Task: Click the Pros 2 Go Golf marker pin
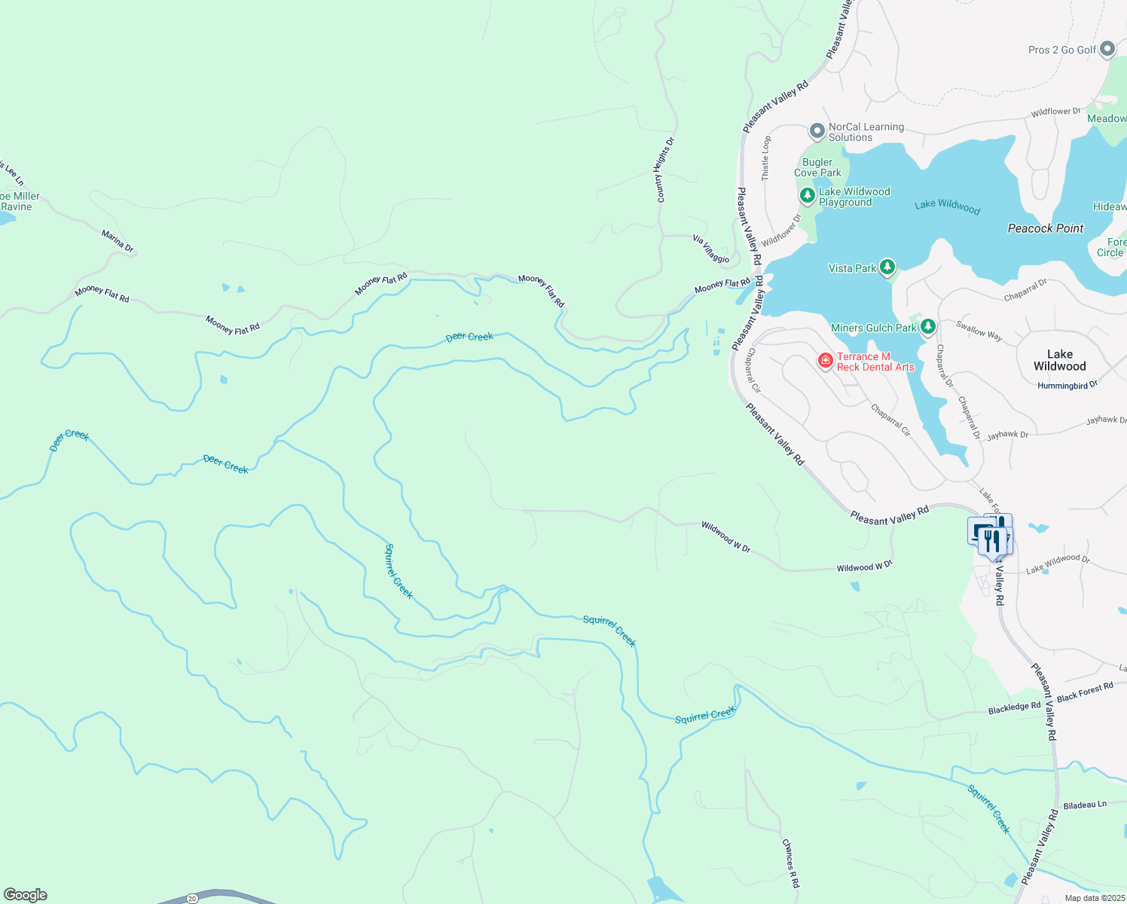(x=1107, y=50)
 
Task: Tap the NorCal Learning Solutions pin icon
(x=817, y=132)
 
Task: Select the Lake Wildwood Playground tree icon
(x=808, y=197)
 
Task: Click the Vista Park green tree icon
(x=887, y=267)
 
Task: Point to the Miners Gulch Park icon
(x=928, y=327)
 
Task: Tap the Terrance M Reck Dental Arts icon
(x=826, y=362)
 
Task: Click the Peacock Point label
(x=1045, y=228)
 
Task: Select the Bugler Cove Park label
(x=817, y=167)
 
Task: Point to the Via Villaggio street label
(x=711, y=249)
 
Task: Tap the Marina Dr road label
(x=118, y=241)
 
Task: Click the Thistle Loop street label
(x=766, y=157)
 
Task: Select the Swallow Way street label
(x=979, y=331)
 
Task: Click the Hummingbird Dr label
(x=1067, y=385)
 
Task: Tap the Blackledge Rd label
(x=1014, y=707)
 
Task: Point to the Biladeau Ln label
(x=1085, y=805)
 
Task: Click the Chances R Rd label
(x=790, y=863)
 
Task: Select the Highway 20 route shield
(x=192, y=899)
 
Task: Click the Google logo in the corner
(x=25, y=894)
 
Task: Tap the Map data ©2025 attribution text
(x=1094, y=898)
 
